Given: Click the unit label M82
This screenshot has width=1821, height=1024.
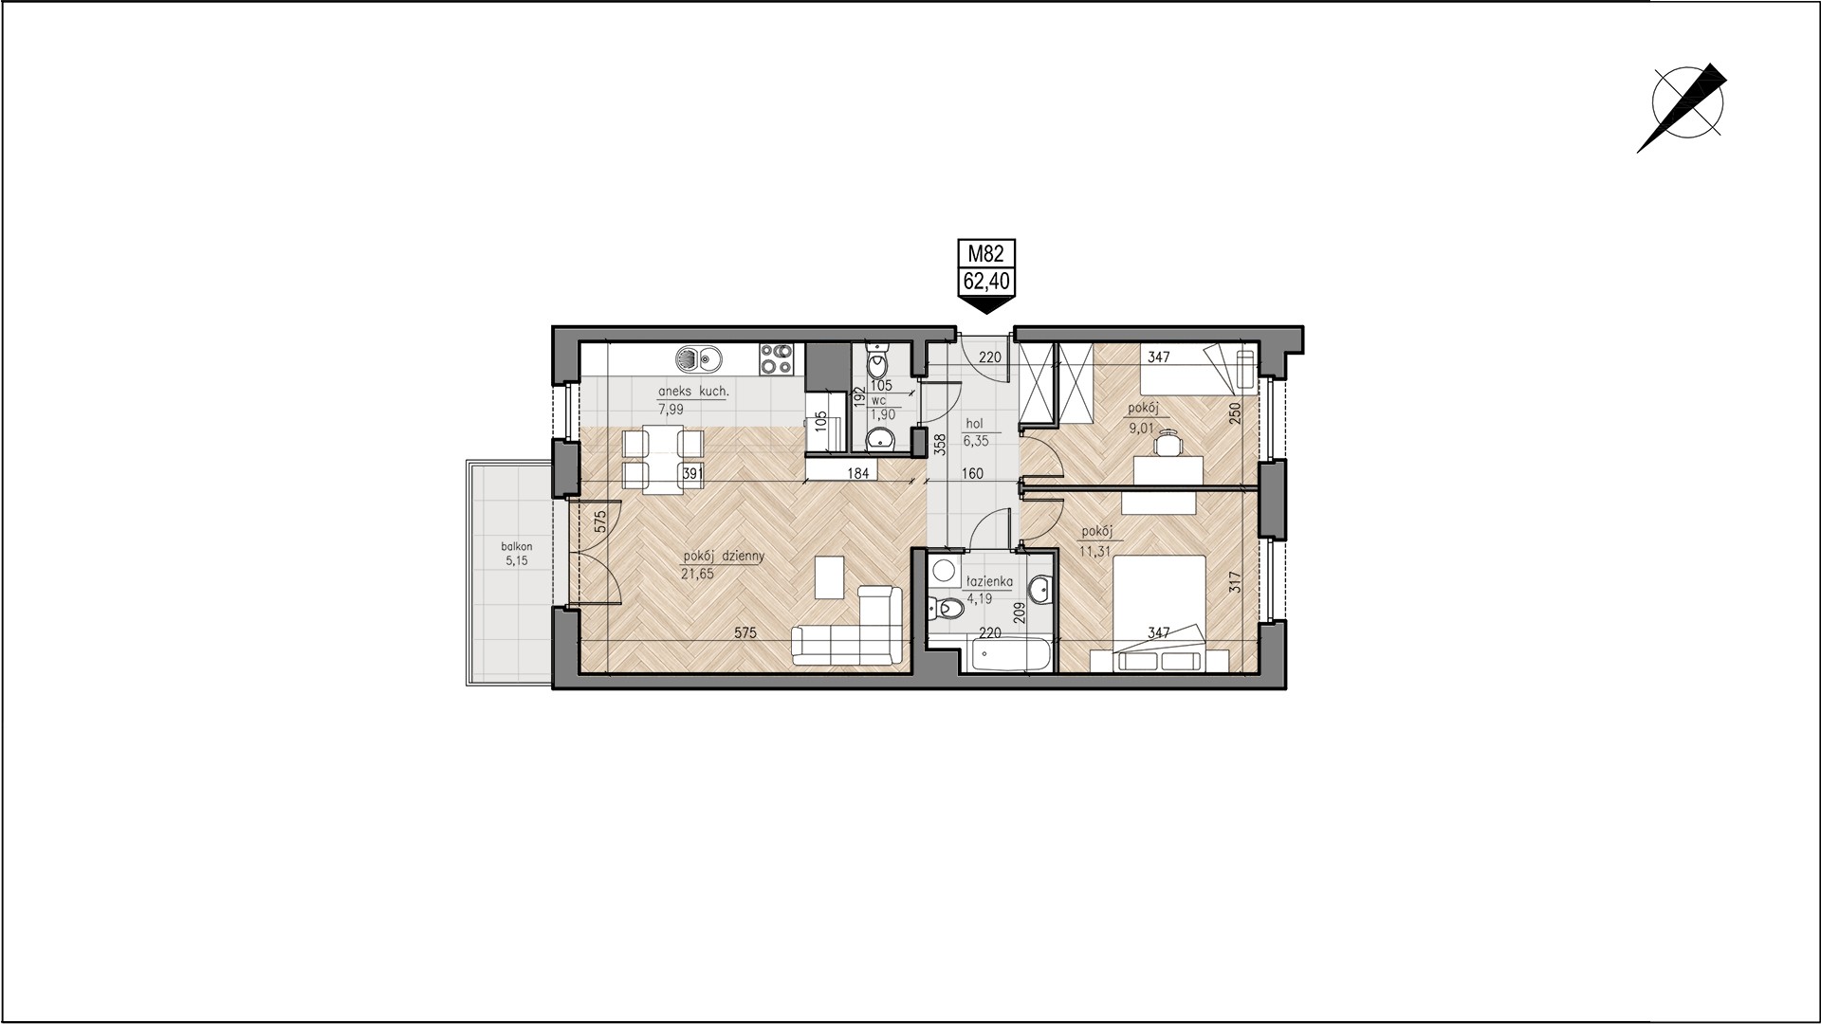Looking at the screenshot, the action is pyautogui.click(x=985, y=253).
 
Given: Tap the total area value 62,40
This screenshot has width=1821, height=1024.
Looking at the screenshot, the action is pyautogui.click(x=985, y=280).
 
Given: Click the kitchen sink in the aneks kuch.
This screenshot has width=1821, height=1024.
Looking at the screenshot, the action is pyautogui.click(x=696, y=358).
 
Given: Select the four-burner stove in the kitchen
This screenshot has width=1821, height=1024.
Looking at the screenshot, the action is pyautogui.click(x=776, y=358).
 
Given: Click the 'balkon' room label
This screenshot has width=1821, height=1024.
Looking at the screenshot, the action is pyautogui.click(x=518, y=547).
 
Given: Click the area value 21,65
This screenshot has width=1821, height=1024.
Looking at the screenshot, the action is pyautogui.click(x=695, y=574).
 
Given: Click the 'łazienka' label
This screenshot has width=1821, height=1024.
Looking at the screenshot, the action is pyautogui.click(x=988, y=582).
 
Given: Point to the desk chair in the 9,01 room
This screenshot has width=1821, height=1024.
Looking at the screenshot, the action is pyautogui.click(x=1172, y=442).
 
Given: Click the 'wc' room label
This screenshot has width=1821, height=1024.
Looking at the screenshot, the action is pyautogui.click(x=878, y=399).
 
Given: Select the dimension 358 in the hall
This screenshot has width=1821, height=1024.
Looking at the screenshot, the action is pyautogui.click(x=940, y=445).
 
